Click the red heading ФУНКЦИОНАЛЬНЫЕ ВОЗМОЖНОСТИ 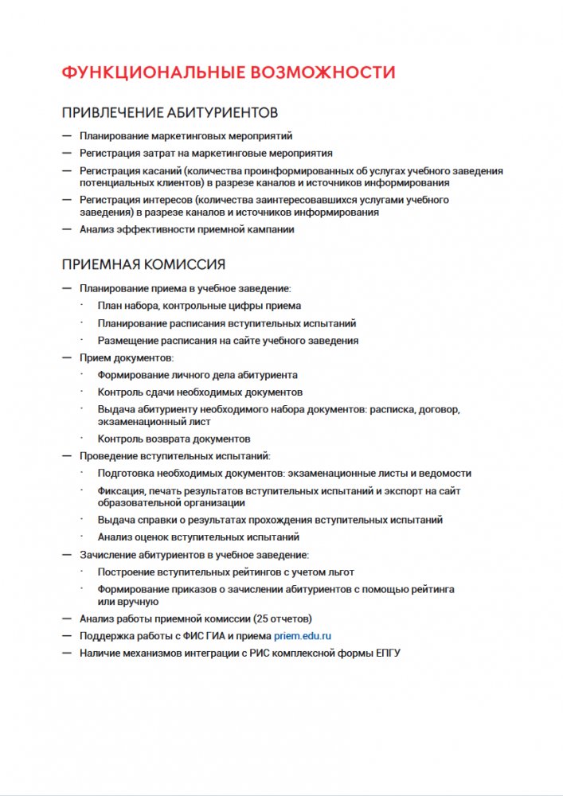click(229, 72)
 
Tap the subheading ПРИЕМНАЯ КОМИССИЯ click(143, 264)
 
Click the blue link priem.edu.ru click(302, 636)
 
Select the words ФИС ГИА click(199, 636)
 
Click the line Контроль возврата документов click(174, 439)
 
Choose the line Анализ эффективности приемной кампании click(187, 229)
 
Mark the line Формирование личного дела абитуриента click(197, 375)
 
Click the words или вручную click(123, 602)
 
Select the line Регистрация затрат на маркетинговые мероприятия click(205, 153)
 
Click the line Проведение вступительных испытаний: click(174, 456)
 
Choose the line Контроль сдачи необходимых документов click(200, 392)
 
